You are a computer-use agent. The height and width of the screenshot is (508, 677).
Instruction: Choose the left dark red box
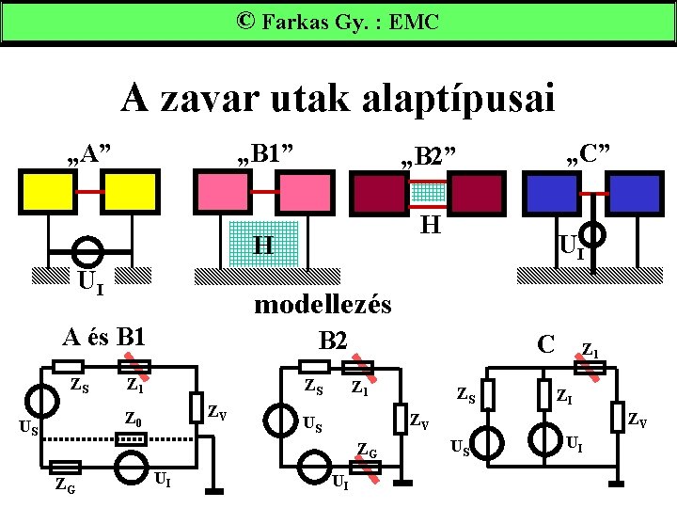click(x=380, y=194)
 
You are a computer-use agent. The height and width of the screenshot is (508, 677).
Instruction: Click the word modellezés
click(x=323, y=304)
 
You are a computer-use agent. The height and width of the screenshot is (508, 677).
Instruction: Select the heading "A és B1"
click(x=102, y=336)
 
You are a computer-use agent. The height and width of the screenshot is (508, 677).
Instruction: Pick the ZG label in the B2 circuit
click(x=367, y=453)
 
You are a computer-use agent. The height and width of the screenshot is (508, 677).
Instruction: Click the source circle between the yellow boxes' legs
click(x=88, y=251)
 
